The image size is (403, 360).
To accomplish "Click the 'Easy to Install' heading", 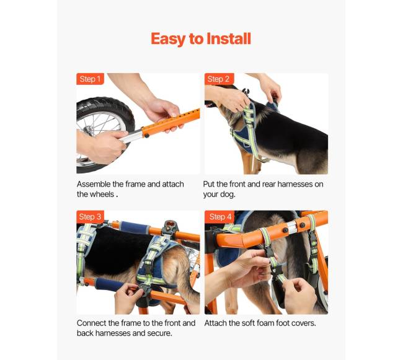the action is [x=201, y=39].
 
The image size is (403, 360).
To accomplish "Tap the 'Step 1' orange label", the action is [x=90, y=79].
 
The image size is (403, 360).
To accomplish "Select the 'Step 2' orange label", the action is [x=219, y=79].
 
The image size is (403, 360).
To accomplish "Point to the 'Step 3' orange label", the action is [x=90, y=216].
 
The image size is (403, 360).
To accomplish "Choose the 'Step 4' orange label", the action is [x=219, y=216].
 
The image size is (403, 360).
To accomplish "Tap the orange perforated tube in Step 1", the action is [x=171, y=123].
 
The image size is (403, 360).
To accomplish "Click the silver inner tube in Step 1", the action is [x=131, y=136].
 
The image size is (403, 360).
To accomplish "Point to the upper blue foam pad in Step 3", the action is [x=134, y=227].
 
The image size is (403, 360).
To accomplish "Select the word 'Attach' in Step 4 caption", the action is [x=215, y=323].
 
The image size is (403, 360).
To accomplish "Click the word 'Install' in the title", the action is [x=229, y=39].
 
